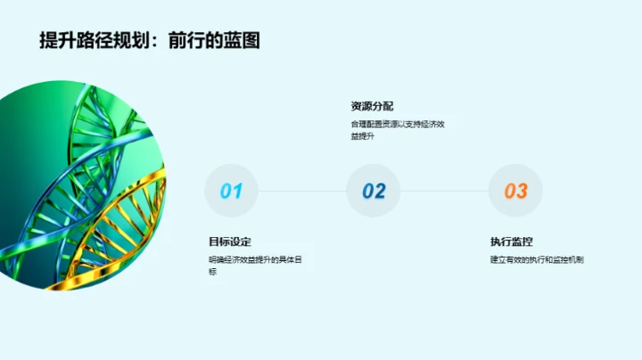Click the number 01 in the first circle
[x=231, y=191]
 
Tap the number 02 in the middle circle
[x=374, y=191]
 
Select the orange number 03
[x=515, y=191]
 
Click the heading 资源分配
[x=373, y=106]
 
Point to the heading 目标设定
[x=230, y=241]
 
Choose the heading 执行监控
[x=512, y=241]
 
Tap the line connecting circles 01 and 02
[x=302, y=191]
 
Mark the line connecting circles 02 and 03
[x=444, y=191]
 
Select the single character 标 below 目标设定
[x=213, y=272]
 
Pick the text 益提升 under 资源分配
[x=362, y=136]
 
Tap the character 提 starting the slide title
[x=49, y=40]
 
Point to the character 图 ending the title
[x=251, y=40]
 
